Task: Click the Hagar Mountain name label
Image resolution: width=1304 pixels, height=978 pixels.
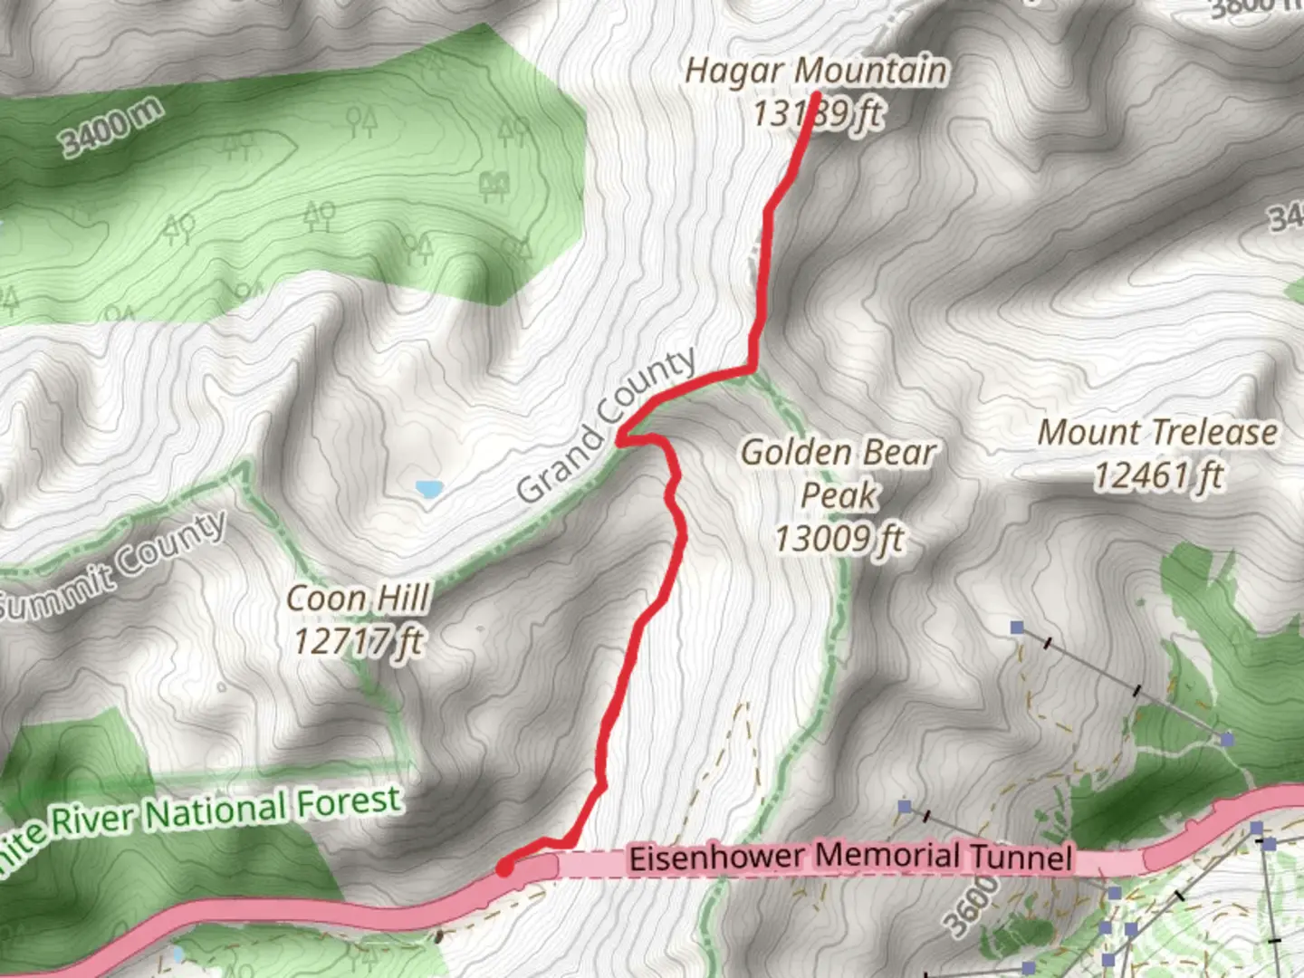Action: point(816,71)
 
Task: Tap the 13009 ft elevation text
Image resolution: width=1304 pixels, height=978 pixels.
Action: point(839,539)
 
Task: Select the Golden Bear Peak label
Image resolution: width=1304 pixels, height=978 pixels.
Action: point(839,473)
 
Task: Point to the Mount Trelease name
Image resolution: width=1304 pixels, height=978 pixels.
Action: point(1157,433)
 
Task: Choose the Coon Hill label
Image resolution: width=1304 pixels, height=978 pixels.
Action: point(358,599)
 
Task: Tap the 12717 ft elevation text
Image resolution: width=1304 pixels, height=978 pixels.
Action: point(358,641)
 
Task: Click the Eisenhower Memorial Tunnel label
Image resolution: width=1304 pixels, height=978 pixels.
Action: point(850,857)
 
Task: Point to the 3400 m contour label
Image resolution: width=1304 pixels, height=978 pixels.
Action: point(112,127)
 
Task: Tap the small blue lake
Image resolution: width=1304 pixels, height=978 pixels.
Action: point(429,490)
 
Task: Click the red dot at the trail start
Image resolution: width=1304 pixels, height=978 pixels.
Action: point(504,868)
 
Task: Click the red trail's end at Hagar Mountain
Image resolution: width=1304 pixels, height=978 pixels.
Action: point(815,95)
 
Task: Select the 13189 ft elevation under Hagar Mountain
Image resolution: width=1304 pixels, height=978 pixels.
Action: point(817,114)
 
